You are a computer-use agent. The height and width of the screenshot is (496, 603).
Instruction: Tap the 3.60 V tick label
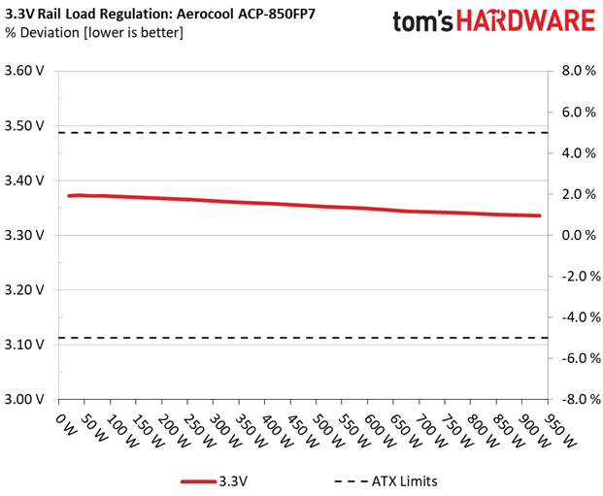coord(25,71)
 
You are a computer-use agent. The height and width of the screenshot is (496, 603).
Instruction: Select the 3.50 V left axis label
coord(25,125)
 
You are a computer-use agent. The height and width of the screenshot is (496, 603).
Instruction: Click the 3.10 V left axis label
coord(25,345)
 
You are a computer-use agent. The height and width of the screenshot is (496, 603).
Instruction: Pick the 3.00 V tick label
coord(25,399)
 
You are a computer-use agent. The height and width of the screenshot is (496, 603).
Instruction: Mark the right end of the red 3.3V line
coord(539,215)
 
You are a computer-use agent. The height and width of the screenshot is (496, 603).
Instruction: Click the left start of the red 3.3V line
coord(68,196)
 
